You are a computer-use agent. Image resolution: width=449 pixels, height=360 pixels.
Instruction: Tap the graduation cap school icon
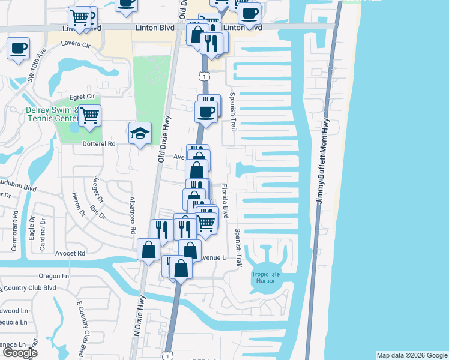(x=139, y=133)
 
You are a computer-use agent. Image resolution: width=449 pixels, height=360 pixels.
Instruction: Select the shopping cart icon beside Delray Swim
(x=89, y=114)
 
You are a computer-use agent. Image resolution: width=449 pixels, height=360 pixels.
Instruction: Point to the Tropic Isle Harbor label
(x=265, y=278)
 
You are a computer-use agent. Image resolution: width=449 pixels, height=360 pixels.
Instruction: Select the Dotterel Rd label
(x=99, y=144)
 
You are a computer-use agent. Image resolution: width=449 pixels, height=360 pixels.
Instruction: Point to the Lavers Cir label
(x=74, y=45)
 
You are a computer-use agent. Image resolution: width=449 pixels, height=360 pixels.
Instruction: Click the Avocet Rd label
(x=73, y=253)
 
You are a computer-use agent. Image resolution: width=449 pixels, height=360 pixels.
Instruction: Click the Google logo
(x=20, y=353)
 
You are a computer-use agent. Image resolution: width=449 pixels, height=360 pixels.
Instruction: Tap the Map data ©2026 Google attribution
(x=411, y=355)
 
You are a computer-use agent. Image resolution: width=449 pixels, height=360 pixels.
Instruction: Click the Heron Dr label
(x=77, y=204)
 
